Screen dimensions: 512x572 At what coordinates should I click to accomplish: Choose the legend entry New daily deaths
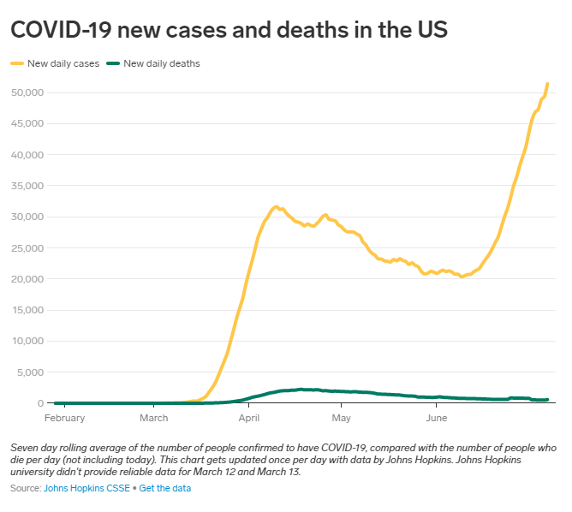pyautogui.click(x=161, y=63)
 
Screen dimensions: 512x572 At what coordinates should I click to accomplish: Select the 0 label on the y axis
pyautogui.click(x=40, y=403)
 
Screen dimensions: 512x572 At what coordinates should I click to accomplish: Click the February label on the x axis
pyautogui.click(x=64, y=418)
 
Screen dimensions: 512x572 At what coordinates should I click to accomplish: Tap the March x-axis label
pyautogui.click(x=154, y=418)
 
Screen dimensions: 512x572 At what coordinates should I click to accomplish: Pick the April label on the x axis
pyautogui.click(x=249, y=418)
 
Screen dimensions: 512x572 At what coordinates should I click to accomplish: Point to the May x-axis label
pyautogui.click(x=342, y=418)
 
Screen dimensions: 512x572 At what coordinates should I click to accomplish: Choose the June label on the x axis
pyautogui.click(x=437, y=418)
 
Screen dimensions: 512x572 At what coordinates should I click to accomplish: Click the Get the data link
pyautogui.click(x=165, y=488)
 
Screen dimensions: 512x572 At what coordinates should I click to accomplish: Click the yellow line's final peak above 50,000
pyautogui.click(x=547, y=84)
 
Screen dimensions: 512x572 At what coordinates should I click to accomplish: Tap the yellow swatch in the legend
pyautogui.click(x=17, y=63)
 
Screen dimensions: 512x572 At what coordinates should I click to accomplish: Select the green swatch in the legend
pyautogui.click(x=113, y=63)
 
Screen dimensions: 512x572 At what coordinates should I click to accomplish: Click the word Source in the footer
pyautogui.click(x=25, y=488)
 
